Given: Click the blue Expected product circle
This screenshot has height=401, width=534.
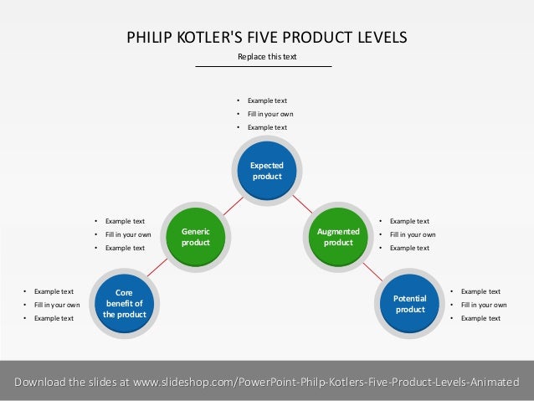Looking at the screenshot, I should click(x=267, y=171).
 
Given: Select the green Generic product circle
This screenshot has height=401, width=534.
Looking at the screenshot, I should click(x=196, y=236).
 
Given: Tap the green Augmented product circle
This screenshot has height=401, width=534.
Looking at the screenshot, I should click(x=338, y=236).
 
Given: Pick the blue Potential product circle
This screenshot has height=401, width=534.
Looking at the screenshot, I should click(x=410, y=303).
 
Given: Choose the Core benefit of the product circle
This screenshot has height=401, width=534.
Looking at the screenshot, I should click(x=125, y=303).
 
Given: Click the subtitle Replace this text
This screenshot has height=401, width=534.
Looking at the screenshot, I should click(x=267, y=57).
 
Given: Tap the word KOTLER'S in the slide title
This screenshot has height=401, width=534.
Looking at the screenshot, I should click(x=199, y=37).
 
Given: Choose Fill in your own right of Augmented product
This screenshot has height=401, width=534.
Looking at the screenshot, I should click(x=413, y=234).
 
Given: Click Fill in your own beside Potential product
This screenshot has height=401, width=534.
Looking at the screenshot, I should click(x=484, y=305).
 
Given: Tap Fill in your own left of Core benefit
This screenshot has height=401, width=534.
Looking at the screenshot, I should click(x=57, y=305).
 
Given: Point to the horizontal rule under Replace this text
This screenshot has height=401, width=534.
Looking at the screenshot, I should click(x=264, y=66).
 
